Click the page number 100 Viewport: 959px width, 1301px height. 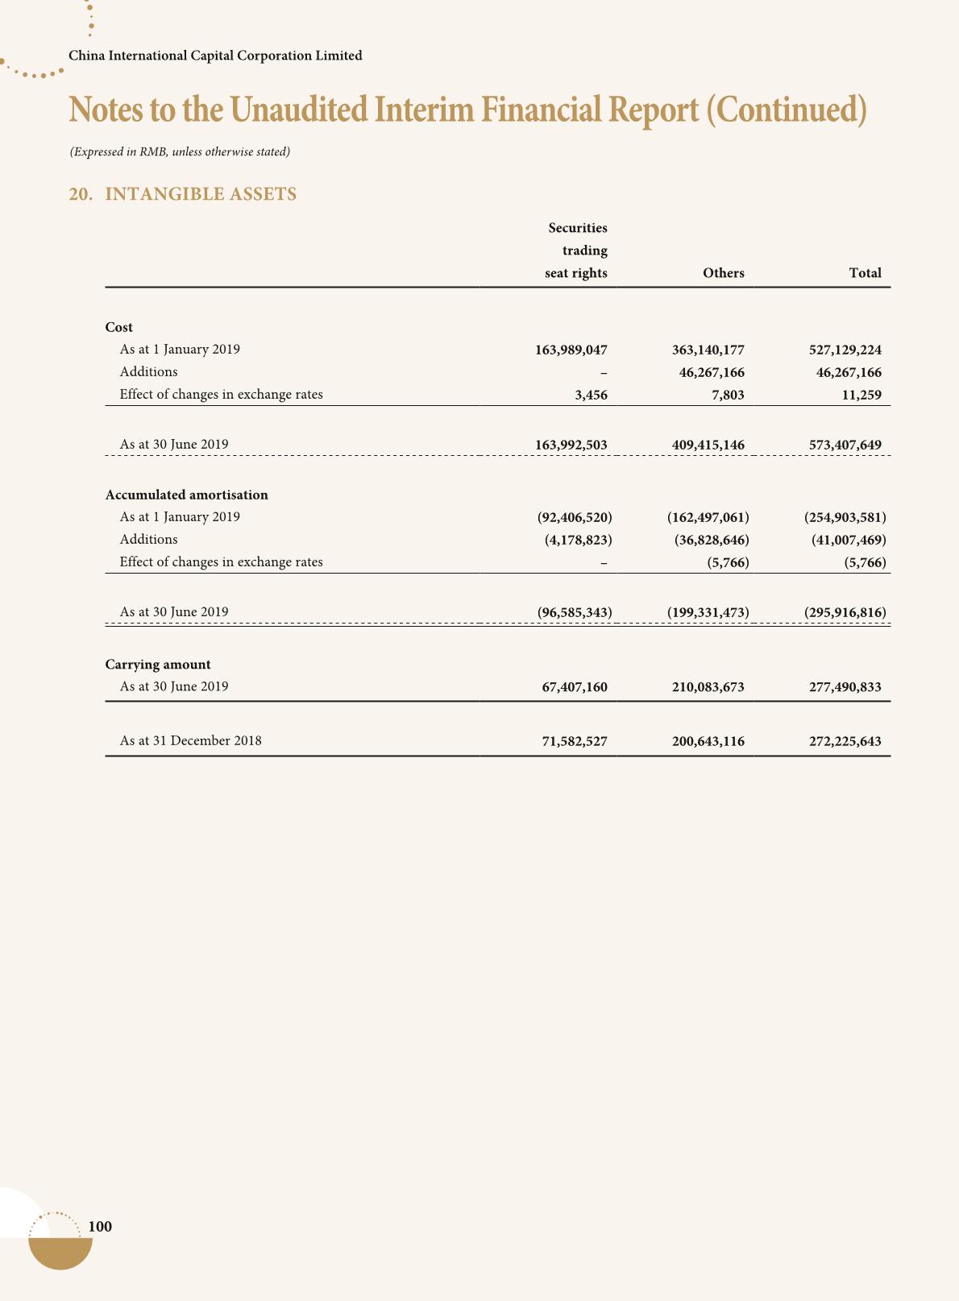click(x=100, y=1226)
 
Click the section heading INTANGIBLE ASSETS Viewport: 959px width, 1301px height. click(x=201, y=194)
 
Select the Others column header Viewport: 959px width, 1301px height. click(x=723, y=273)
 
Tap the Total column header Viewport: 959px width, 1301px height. click(x=865, y=273)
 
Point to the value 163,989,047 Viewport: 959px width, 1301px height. click(x=571, y=350)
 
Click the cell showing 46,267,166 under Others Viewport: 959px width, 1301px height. click(x=708, y=373)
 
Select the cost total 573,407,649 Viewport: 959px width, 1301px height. click(x=845, y=445)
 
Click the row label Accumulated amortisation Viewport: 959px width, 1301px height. click(x=186, y=495)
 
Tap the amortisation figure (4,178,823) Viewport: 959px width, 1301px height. click(x=578, y=540)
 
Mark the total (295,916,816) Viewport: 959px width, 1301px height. click(x=845, y=612)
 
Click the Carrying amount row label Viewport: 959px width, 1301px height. click(x=158, y=665)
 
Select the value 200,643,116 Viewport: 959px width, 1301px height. click(x=708, y=741)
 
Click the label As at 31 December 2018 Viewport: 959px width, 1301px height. click(x=190, y=740)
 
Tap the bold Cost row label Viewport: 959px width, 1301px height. click(x=119, y=327)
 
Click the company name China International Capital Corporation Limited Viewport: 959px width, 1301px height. click(x=215, y=56)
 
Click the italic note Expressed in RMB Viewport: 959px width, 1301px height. click(x=180, y=151)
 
